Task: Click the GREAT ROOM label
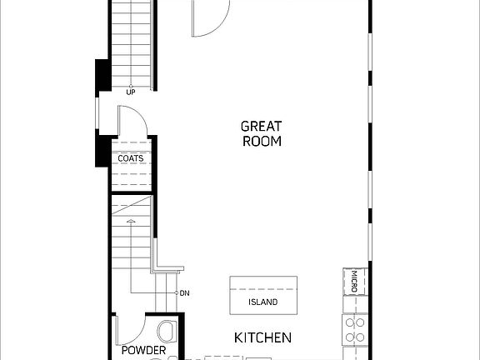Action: pos(261,133)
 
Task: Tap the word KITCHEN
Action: pos(262,337)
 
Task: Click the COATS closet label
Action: pos(130,157)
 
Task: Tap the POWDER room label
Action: pos(143,351)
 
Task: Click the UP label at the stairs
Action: pos(131,92)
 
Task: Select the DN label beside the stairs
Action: pos(183,293)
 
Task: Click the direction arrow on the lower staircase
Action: pos(130,222)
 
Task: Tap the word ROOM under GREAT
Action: pos(262,141)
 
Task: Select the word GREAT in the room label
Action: pos(261,126)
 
